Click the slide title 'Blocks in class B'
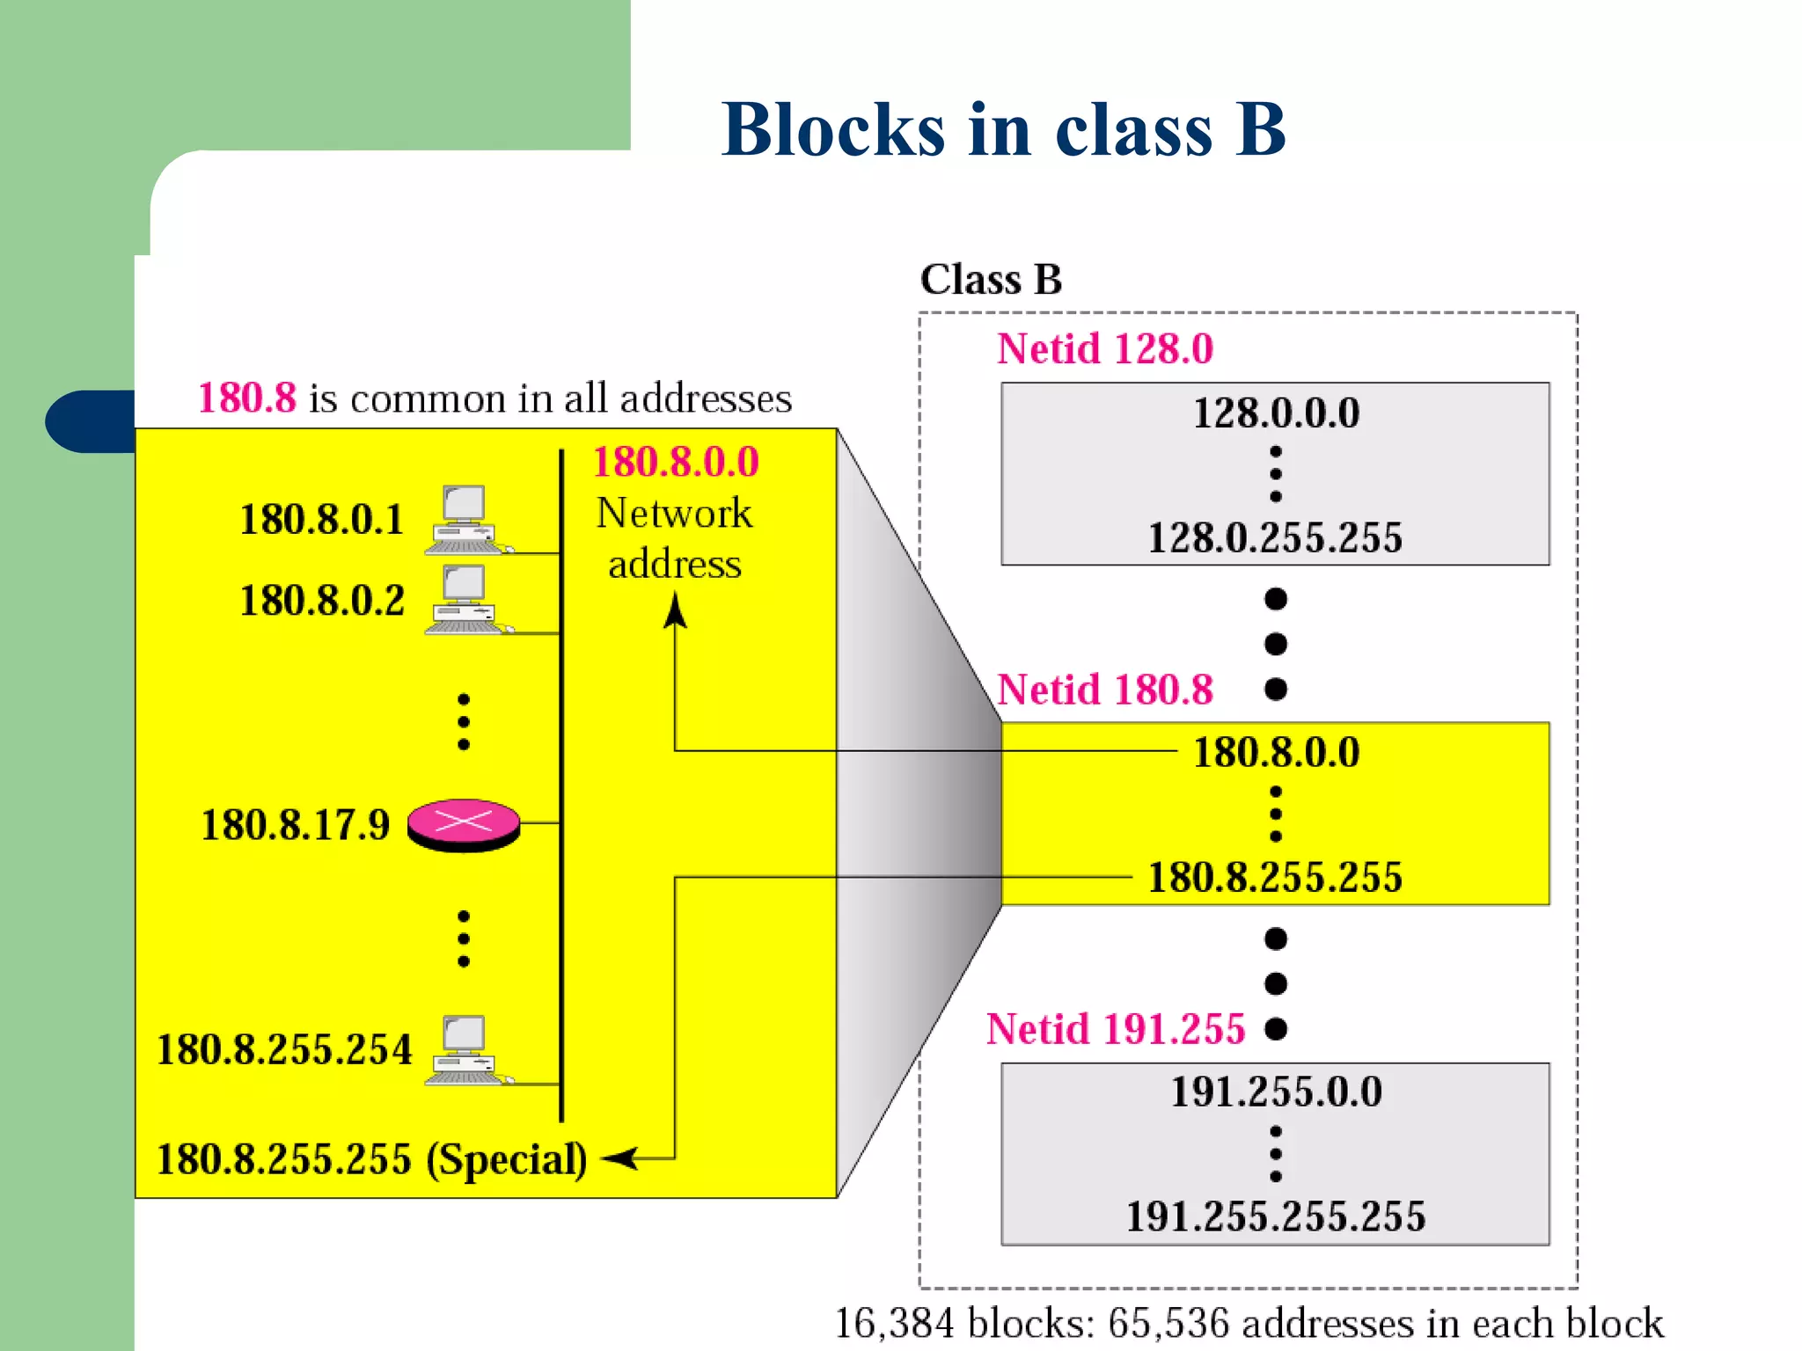[1003, 129]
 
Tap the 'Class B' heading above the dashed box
[991, 280]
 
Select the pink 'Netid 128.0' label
[1104, 348]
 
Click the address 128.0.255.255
[1275, 537]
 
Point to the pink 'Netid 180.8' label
[1104, 690]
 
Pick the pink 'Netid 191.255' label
[1115, 1029]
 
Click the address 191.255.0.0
[1276, 1092]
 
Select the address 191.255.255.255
[1276, 1216]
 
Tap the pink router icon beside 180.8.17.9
[464, 824]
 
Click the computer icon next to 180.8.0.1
[465, 521]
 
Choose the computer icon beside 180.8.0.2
[465, 600]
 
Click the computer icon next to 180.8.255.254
[465, 1051]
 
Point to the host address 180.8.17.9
[296, 825]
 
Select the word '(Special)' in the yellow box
[507, 1159]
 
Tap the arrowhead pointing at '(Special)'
[620, 1158]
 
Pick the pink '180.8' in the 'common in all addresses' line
[247, 398]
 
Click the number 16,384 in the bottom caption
[893, 1323]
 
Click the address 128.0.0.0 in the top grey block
[1276, 413]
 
